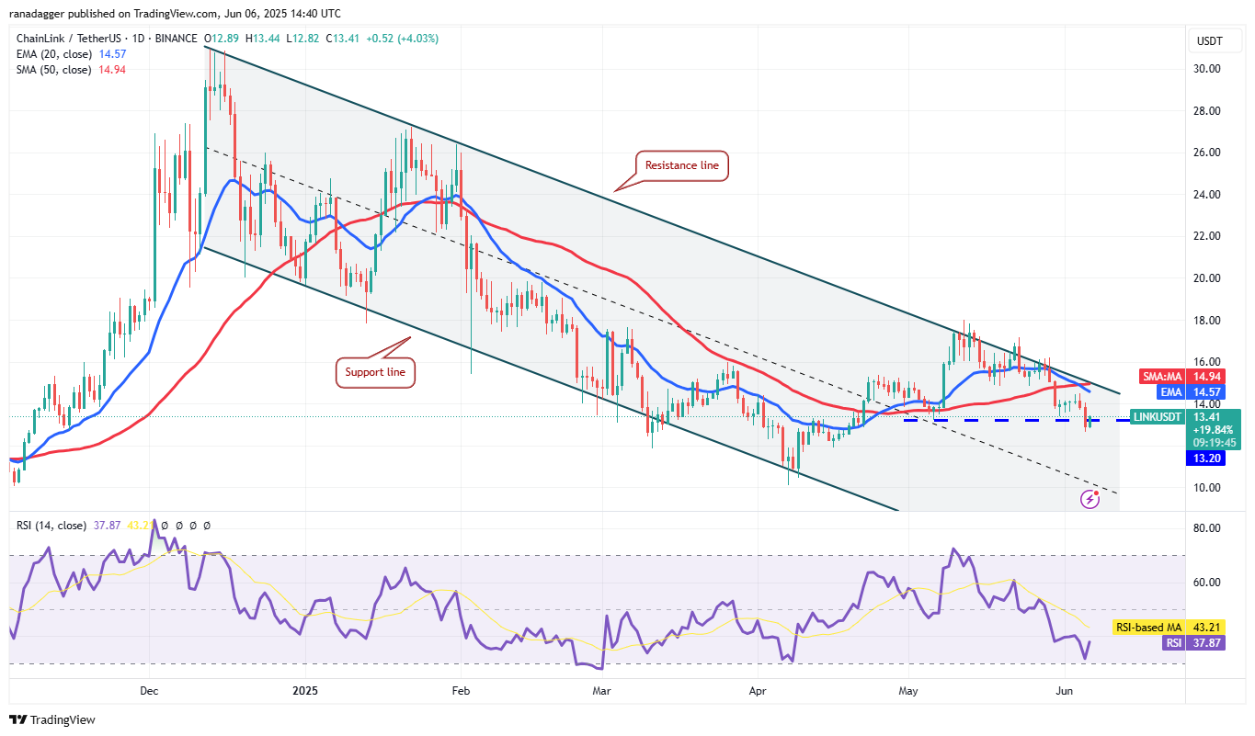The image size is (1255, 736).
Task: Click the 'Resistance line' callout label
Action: (x=681, y=165)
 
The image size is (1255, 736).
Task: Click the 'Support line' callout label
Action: (x=375, y=372)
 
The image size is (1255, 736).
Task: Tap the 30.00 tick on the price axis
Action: (x=1206, y=69)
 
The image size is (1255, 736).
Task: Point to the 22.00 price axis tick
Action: (x=1206, y=236)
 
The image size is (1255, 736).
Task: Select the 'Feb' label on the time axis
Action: (x=462, y=689)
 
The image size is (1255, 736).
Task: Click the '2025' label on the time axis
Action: (x=303, y=689)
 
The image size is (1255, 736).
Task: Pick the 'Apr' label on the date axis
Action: (x=757, y=689)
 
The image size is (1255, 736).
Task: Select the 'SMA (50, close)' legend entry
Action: (x=53, y=70)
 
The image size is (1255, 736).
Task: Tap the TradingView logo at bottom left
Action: (x=52, y=719)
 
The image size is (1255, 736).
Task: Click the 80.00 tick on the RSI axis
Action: (x=1206, y=529)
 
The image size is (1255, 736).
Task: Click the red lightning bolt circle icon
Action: (x=1090, y=499)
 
